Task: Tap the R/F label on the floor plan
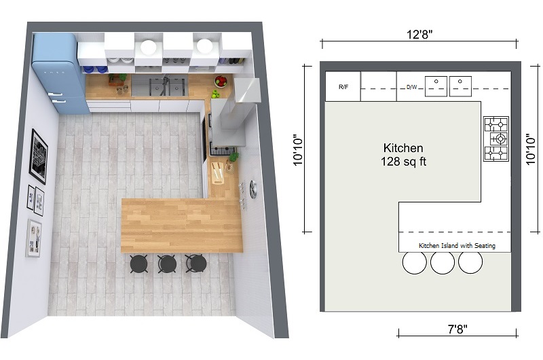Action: (x=343, y=87)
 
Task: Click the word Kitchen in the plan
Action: (x=403, y=147)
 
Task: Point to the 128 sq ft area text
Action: (x=403, y=162)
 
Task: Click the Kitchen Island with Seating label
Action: (x=457, y=245)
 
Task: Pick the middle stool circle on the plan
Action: (x=443, y=262)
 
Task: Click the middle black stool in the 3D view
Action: (x=167, y=263)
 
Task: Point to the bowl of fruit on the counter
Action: (x=221, y=82)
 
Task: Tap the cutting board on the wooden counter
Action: (x=217, y=173)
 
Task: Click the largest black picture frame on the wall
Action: (x=39, y=156)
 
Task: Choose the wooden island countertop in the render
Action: (x=181, y=224)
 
